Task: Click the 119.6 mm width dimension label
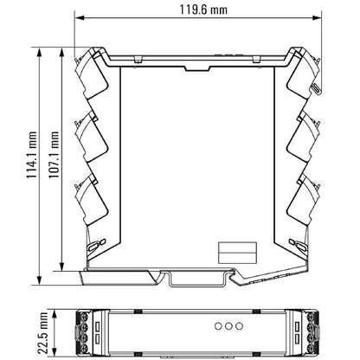tap(203, 10)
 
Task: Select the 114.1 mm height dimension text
tap(32, 155)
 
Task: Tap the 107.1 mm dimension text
tap(54, 155)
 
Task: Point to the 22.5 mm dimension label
tap(43, 333)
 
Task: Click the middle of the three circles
tap(228, 326)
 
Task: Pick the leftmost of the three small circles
tap(218, 326)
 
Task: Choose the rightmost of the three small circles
tap(239, 326)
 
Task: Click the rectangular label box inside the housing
tap(237, 253)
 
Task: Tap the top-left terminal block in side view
tap(91, 75)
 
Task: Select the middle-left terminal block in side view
tap(91, 137)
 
